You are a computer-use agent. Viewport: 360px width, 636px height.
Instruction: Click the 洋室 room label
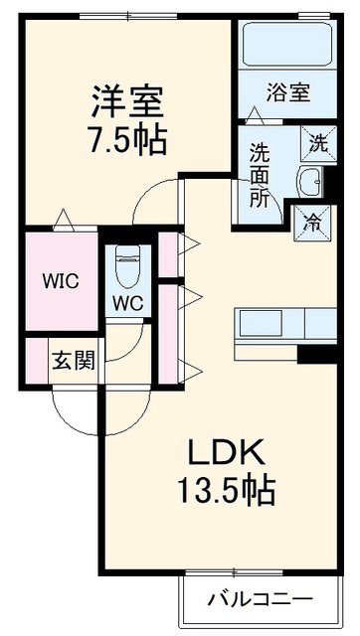point(127,101)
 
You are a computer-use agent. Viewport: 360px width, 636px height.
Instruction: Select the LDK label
point(226,453)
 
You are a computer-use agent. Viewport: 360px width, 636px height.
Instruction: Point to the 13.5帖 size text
point(227,490)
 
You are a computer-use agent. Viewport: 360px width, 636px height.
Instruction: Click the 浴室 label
point(288,92)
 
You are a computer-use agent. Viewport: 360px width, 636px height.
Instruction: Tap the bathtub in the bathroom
point(287,45)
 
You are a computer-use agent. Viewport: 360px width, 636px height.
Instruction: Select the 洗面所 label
point(259,175)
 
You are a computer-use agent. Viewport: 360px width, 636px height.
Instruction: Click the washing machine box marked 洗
point(318,144)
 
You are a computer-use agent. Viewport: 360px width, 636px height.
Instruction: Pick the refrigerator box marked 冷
point(312,223)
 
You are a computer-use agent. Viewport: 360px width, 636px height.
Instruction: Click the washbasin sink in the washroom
point(310,182)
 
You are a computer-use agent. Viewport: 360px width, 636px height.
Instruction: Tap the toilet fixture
point(128,265)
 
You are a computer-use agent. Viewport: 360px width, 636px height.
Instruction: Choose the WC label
point(128,303)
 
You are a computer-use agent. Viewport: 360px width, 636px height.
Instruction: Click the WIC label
point(62,281)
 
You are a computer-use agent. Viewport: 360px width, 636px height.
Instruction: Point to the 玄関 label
point(74,360)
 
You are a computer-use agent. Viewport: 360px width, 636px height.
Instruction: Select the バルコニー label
point(261,598)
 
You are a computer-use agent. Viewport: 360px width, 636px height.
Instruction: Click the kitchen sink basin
point(261,323)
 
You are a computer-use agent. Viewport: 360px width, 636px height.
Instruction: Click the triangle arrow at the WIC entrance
point(64,220)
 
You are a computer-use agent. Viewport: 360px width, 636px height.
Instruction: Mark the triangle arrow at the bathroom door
point(255,115)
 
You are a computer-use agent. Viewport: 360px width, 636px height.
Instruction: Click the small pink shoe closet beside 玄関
point(37,361)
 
